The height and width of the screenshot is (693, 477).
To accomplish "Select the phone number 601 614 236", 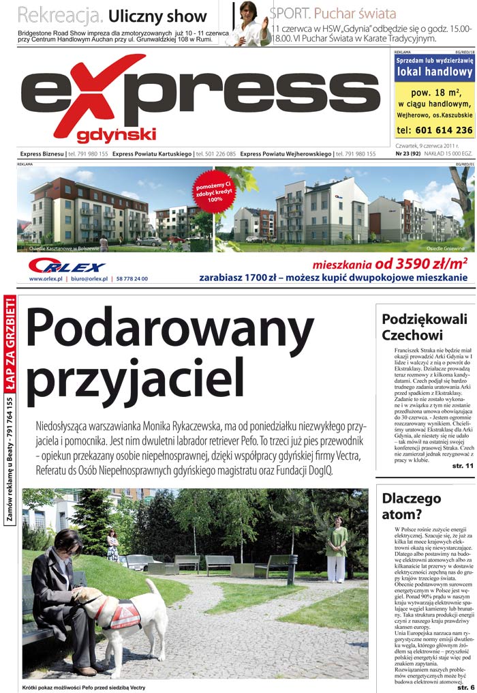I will [434, 130].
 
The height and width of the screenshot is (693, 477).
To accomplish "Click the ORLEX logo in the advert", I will [67, 266].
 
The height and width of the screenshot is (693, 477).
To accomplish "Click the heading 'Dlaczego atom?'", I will [412, 505].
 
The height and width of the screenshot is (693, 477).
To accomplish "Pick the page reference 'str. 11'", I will [461, 465].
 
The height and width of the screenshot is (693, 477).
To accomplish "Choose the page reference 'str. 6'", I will [463, 685].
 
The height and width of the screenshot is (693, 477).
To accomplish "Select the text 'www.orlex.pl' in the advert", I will [46, 278].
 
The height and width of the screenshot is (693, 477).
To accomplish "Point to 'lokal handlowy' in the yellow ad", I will [434, 72].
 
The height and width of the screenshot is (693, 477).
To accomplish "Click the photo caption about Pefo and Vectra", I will [84, 687].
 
